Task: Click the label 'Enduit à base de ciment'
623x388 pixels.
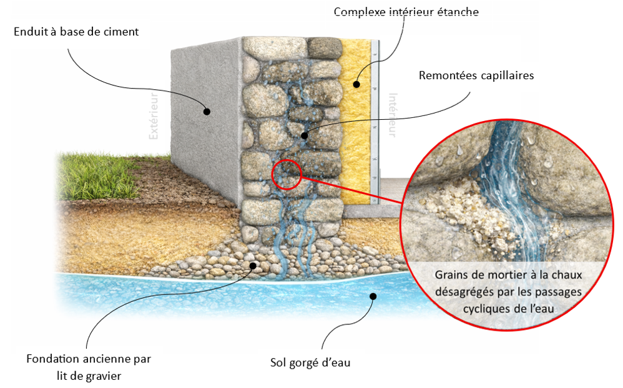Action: pos(76,31)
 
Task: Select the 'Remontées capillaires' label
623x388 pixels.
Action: pos(476,75)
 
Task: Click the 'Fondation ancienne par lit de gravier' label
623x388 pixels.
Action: pos(89,367)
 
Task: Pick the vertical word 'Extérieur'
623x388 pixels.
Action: pos(154,115)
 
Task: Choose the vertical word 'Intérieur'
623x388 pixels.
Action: pos(393,115)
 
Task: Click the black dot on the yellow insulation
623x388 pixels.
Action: pos(356,84)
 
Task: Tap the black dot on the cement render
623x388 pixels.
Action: pos(207,112)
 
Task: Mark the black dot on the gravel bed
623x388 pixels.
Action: pos(253,266)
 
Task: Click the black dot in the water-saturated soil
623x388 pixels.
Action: pos(373,296)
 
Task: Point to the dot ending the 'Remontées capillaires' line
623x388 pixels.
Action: pos(304,135)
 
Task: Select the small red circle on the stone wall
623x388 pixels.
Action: pos(287,173)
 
